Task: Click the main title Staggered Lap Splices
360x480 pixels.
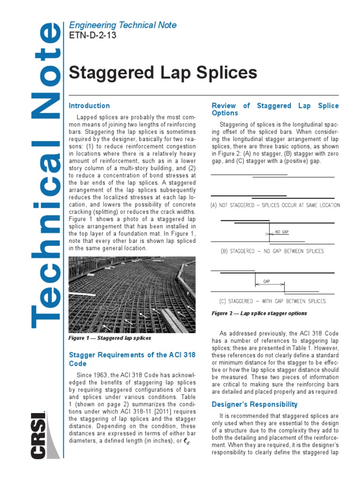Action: pyautogui.click(x=163, y=73)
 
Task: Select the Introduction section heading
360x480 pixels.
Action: pyautogui.click(x=89, y=106)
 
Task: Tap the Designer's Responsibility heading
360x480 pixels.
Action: pyautogui.click(x=255, y=404)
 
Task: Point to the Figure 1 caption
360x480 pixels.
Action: pyautogui.click(x=110, y=337)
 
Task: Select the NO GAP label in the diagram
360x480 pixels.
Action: pyautogui.click(x=282, y=232)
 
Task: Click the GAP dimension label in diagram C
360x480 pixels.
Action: pyautogui.click(x=266, y=282)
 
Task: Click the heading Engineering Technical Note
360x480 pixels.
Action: pyautogui.click(x=123, y=25)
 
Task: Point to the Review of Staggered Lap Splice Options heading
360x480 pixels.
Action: pyautogui.click(x=275, y=109)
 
